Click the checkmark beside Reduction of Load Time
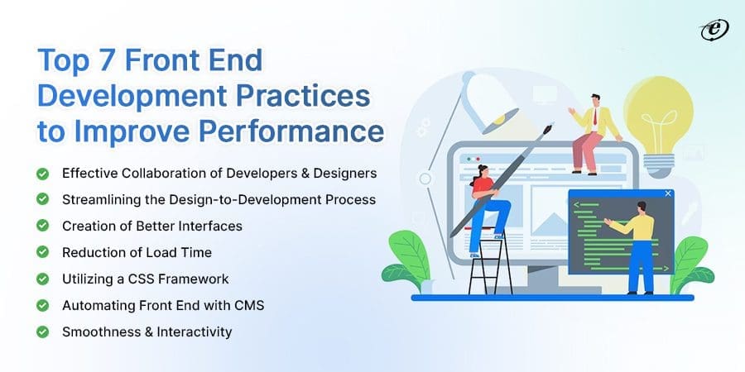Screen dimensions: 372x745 point(41,252)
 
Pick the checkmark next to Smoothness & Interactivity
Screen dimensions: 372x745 point(41,331)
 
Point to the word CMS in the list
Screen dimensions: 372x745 point(247,305)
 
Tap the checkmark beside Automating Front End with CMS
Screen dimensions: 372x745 point(41,305)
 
